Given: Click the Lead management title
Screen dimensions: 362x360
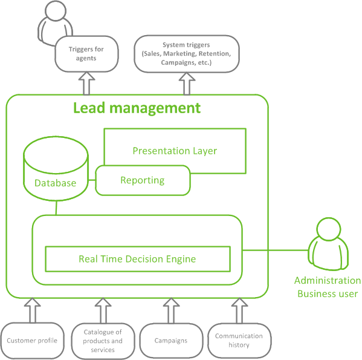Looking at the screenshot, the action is pyautogui.click(x=137, y=108).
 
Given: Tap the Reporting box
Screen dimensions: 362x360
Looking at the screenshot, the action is pyautogui.click(x=143, y=180).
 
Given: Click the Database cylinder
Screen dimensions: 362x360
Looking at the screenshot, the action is pyautogui.click(x=56, y=168).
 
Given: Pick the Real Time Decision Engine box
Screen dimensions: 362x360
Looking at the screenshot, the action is pyautogui.click(x=138, y=259).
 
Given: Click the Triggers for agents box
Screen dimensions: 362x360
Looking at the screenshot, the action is pyautogui.click(x=86, y=54).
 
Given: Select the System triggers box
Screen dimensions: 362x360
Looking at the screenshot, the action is pyautogui.click(x=187, y=54).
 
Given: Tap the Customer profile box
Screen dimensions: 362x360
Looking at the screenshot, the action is pyautogui.click(x=32, y=341).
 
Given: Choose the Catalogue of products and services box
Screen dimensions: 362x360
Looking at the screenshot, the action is pyautogui.click(x=103, y=341).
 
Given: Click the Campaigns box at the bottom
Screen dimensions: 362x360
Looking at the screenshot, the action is pyautogui.click(x=171, y=341).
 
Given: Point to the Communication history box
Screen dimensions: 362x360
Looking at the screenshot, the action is pyautogui.click(x=239, y=341).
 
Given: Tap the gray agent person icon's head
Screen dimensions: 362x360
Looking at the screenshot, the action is pyautogui.click(x=56, y=11).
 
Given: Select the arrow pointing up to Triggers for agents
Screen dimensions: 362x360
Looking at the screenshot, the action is pyautogui.click(x=86, y=83).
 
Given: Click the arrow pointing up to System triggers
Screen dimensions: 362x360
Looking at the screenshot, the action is pyautogui.click(x=187, y=83).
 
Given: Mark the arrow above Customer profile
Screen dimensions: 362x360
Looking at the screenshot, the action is pyautogui.click(x=32, y=310).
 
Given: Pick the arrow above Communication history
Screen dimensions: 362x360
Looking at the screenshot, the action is pyautogui.click(x=239, y=310).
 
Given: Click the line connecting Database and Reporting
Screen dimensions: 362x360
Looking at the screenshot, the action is pyautogui.click(x=92, y=180).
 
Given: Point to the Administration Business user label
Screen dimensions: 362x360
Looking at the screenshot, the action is pyautogui.click(x=328, y=287).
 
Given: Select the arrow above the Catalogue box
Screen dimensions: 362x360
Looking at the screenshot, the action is pyautogui.click(x=103, y=310).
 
